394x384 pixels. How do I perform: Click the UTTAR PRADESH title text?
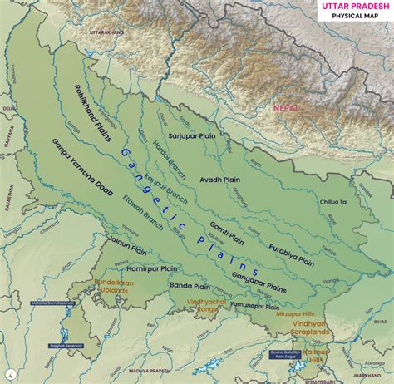coord(348,7)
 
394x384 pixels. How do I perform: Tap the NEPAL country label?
coord(285,108)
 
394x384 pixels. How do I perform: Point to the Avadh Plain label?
coord(220,179)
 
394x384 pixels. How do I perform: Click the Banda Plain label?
coord(190,288)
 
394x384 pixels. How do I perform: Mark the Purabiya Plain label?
coord(292,254)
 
